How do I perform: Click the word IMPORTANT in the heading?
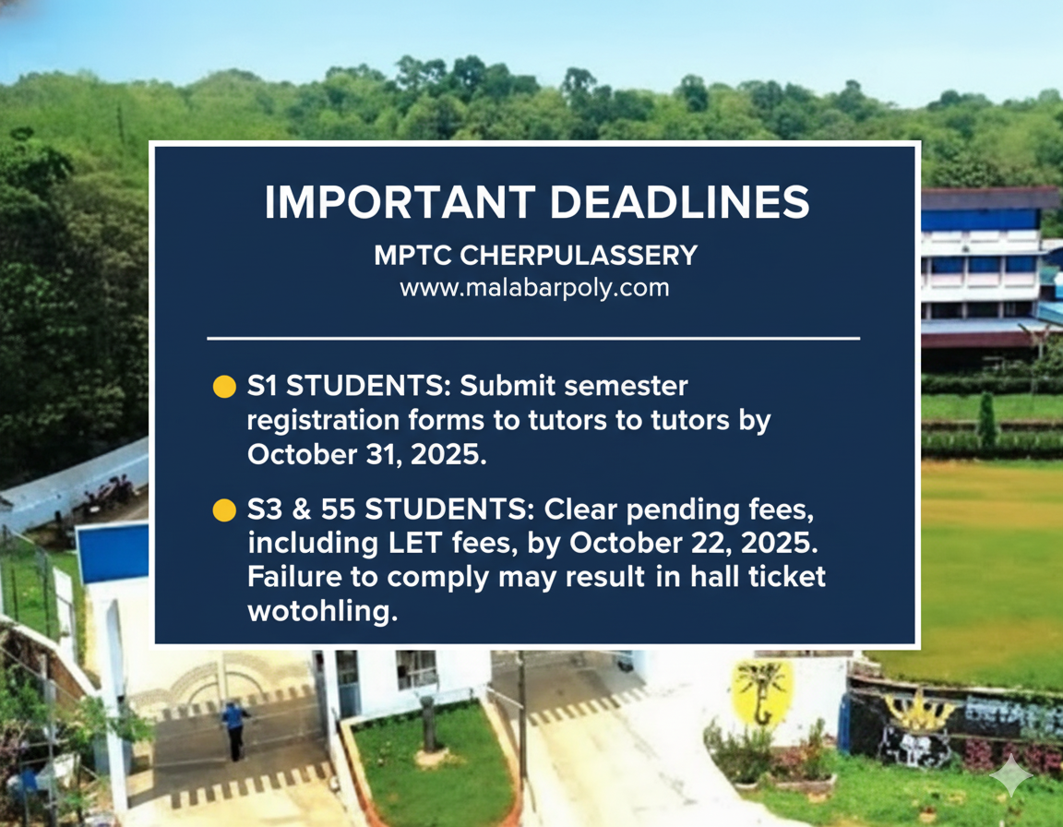coord(400,202)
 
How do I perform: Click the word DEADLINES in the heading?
coord(680,202)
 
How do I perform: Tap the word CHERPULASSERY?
coord(579,256)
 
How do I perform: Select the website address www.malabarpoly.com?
coord(534,287)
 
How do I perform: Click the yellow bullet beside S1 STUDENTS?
coord(224,387)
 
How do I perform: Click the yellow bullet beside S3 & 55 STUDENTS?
coord(224,509)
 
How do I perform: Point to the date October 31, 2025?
coord(366,454)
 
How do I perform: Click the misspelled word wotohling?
coord(322,611)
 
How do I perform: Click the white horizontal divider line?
coord(533,338)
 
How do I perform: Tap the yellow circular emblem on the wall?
coord(763,693)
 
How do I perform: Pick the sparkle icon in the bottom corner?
coord(1010,774)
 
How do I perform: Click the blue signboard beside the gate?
coord(113,553)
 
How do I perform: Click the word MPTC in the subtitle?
coord(412,256)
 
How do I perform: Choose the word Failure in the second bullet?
coord(294,577)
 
